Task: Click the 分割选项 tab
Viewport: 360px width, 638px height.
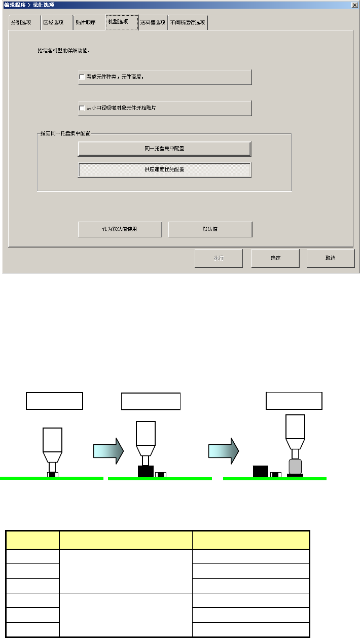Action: tap(22, 23)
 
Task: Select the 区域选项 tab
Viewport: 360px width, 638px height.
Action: tap(53, 23)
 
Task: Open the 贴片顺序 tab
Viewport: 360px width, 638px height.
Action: tap(85, 23)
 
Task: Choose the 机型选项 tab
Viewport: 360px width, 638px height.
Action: tap(122, 22)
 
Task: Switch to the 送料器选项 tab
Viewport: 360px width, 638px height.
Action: tap(153, 23)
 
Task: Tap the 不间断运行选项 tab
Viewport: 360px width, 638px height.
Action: tap(188, 23)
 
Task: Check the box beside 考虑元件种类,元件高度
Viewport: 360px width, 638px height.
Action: tap(82, 77)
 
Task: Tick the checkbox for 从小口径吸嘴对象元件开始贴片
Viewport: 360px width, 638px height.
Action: tap(82, 108)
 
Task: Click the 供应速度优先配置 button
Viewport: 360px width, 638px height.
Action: tap(164, 170)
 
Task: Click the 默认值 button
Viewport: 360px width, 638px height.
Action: tap(210, 229)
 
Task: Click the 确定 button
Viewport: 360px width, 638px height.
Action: tap(275, 258)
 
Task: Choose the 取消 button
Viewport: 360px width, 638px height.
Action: tap(330, 258)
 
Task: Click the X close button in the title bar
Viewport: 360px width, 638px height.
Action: tap(354, 5)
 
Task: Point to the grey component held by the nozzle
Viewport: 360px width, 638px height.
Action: tap(295, 466)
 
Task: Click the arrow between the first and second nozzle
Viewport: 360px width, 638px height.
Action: tap(108, 450)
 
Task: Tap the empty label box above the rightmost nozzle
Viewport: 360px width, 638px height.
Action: tap(294, 401)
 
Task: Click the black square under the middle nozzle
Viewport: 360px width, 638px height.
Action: tap(146, 471)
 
